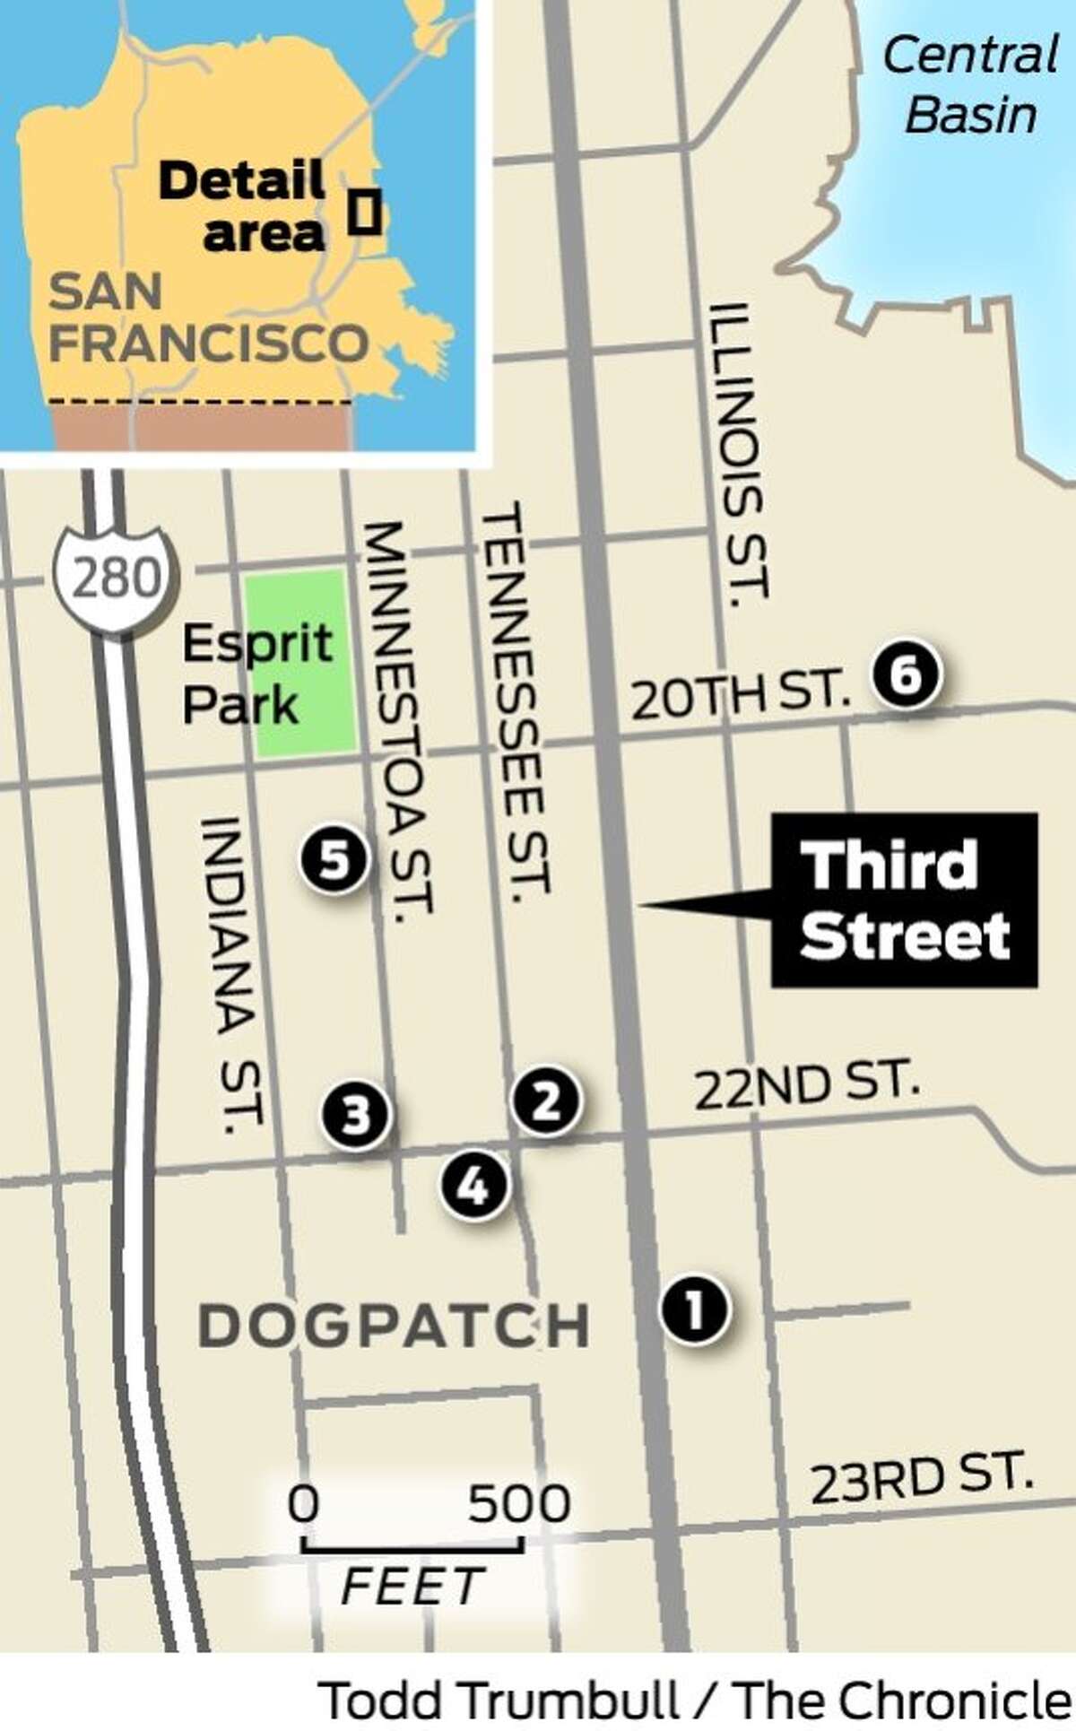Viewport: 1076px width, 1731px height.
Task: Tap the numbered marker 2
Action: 546,1100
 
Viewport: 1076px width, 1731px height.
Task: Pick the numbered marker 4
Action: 473,1187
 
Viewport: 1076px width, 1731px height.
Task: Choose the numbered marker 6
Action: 907,675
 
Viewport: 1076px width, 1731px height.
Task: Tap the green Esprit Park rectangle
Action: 299,662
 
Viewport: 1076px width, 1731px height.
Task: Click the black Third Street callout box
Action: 904,900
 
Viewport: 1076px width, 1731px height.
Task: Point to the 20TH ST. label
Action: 741,694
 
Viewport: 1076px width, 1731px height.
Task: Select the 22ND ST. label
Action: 807,1084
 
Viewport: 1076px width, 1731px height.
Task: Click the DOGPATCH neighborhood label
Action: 394,1326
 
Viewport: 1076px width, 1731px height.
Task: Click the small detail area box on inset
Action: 364,213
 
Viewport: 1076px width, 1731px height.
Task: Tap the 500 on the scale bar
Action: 518,1504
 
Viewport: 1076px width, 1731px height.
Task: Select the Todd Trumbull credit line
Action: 696,1701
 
